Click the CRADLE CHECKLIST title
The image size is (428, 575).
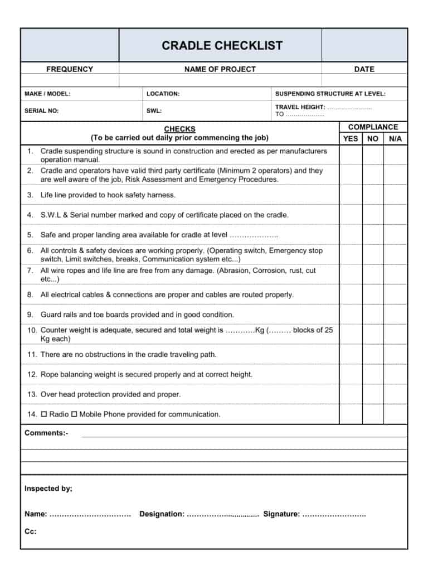[x=222, y=46]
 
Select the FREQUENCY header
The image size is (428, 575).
[x=70, y=69]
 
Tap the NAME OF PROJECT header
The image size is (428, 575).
[x=220, y=69]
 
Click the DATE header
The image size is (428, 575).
[x=364, y=69]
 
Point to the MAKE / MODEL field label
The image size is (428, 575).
[x=47, y=94]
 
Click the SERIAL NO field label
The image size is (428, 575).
[x=41, y=110]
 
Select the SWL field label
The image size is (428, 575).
[x=154, y=110]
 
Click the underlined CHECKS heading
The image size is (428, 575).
[x=179, y=129]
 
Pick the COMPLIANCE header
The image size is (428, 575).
[x=373, y=127]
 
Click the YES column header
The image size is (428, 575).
[x=351, y=138]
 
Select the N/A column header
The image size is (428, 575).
[x=395, y=138]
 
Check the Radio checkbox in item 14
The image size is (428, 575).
[x=45, y=414]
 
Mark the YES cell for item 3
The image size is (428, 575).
[x=351, y=195]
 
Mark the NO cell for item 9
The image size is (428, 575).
[x=373, y=314]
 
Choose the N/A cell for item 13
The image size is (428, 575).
[x=395, y=394]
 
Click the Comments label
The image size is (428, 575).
[x=46, y=433]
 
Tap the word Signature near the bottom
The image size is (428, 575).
[x=281, y=514]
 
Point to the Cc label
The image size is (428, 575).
[x=30, y=531]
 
